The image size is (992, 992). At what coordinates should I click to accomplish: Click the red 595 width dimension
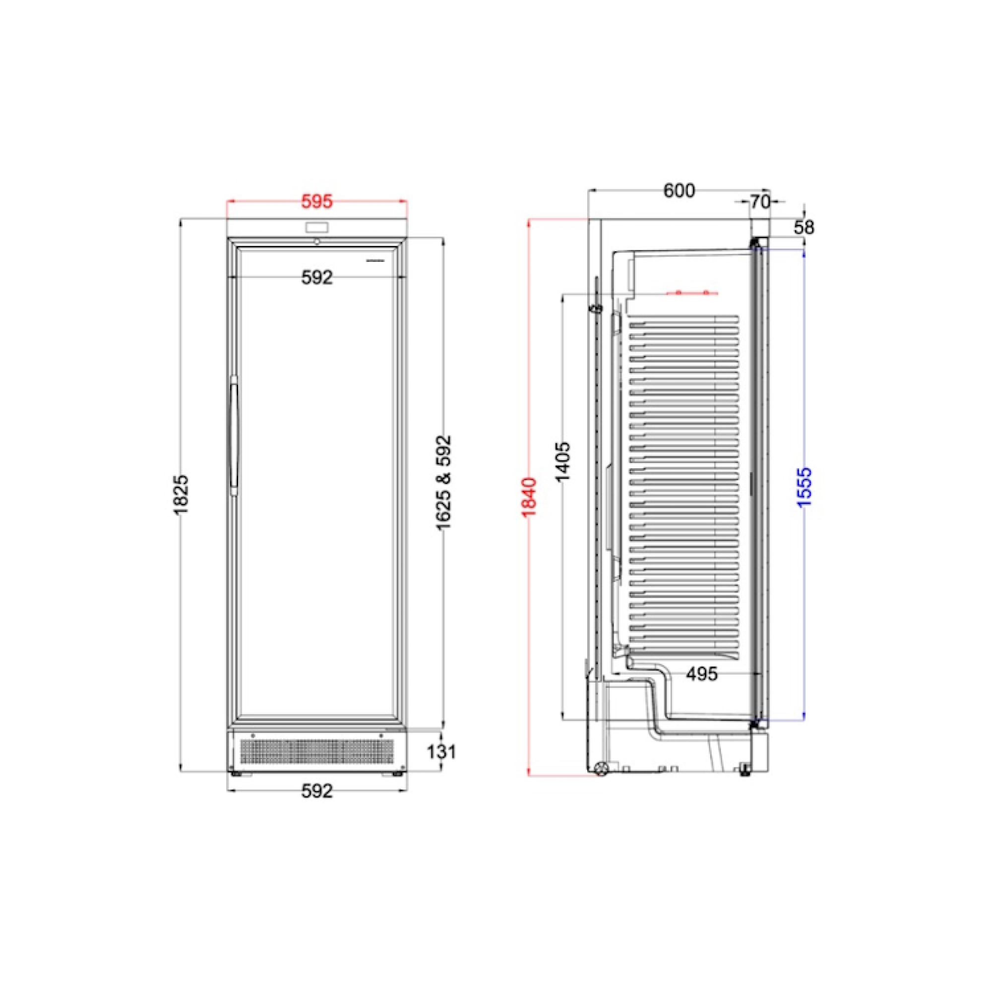(317, 202)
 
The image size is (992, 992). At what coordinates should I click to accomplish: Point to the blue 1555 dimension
(804, 487)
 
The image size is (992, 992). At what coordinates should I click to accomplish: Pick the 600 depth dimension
(680, 190)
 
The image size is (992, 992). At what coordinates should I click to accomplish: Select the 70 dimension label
(760, 202)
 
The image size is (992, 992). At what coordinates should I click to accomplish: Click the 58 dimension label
(804, 228)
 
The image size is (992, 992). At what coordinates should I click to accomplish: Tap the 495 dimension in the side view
(702, 674)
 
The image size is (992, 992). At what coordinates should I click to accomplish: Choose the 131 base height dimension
(441, 752)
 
